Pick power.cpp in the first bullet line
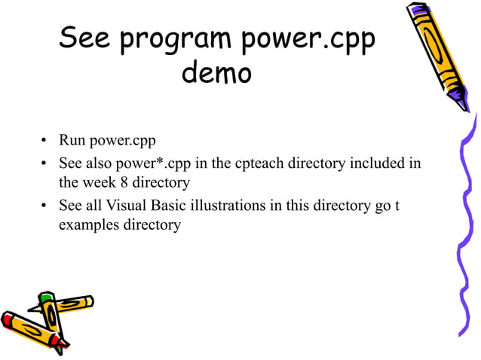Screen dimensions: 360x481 point(122,141)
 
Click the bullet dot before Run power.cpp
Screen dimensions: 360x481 point(44,142)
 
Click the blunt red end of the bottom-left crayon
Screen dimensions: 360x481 point(8,321)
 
